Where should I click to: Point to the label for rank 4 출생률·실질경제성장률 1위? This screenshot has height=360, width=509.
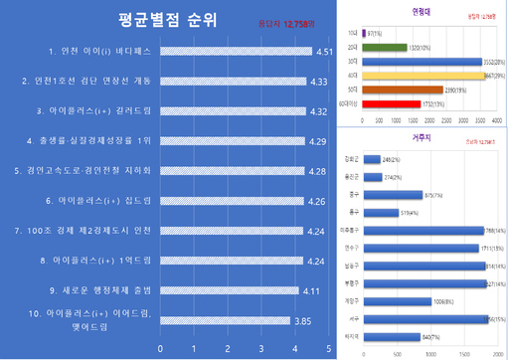[88, 141]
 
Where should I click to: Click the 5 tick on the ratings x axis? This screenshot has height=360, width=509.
[329, 349]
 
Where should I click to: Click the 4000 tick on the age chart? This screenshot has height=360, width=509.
[495, 118]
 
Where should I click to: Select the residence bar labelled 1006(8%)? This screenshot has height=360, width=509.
[395, 299]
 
